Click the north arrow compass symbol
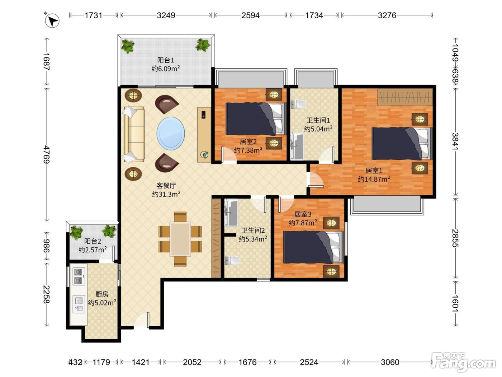coord(52,20)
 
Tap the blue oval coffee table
coord(171,134)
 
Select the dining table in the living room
coord(180,239)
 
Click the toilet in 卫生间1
coord(298,104)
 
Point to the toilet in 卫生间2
coord(232,260)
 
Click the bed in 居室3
coord(313,247)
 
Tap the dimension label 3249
coord(166,15)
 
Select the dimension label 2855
coord(455,238)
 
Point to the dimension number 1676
coord(247,362)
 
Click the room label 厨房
coord(102,294)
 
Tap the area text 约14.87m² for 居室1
coord(374,179)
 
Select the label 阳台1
coord(166,60)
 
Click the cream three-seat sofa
coord(134,135)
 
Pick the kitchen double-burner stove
coord(78,276)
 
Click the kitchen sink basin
coord(79,304)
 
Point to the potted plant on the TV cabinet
coord(204,155)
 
